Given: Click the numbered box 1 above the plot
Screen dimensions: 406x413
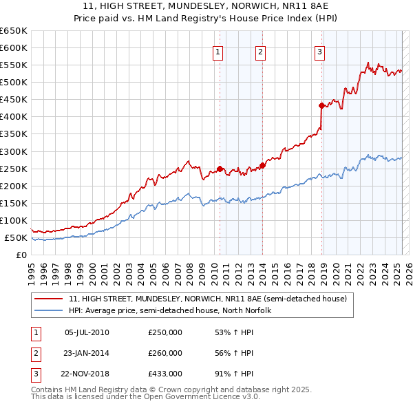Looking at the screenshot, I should click(x=218, y=50).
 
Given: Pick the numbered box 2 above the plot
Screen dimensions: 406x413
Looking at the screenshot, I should click(x=261, y=50).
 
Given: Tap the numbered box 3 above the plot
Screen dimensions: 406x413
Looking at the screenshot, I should click(x=320, y=50).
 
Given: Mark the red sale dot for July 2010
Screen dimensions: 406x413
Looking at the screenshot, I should click(x=220, y=169).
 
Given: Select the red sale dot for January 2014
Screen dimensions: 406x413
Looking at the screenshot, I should click(x=262, y=165).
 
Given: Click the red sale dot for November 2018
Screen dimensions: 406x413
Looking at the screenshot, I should click(x=321, y=105).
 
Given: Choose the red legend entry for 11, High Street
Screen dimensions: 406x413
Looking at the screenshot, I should click(x=212, y=299).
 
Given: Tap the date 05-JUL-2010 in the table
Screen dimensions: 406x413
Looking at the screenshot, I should click(x=87, y=332).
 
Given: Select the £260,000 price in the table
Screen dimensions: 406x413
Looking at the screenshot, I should click(x=165, y=353).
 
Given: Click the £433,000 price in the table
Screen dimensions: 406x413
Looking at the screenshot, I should click(x=165, y=374).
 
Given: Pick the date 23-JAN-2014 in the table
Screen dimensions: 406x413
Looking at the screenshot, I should click(x=87, y=353).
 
